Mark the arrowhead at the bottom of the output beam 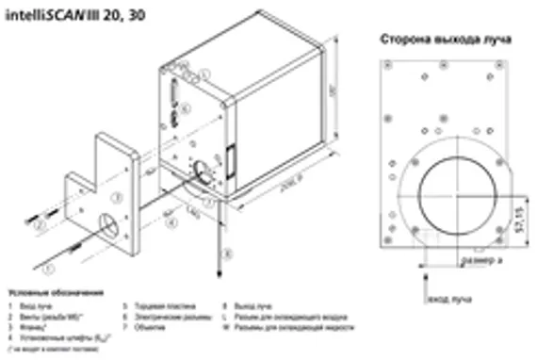[x=218, y=274]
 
